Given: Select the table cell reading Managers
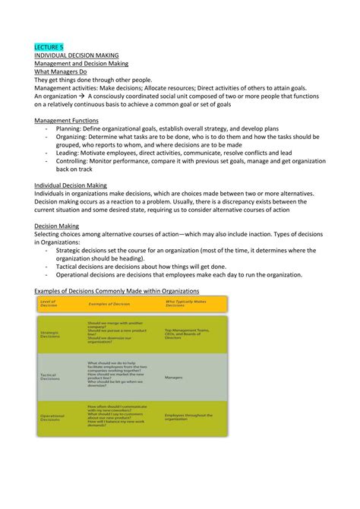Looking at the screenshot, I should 174,376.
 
